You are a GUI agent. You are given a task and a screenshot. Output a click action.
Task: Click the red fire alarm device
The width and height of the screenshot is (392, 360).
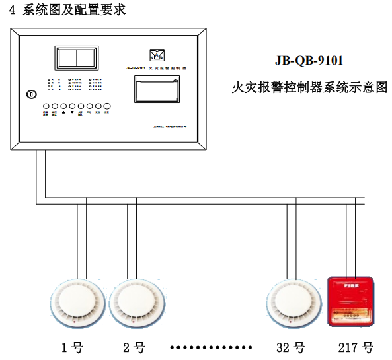coord(350,301)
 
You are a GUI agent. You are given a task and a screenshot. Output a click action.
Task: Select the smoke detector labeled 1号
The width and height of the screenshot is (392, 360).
coord(77,305)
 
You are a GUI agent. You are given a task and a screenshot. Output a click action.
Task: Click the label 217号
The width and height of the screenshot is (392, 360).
coord(356,347)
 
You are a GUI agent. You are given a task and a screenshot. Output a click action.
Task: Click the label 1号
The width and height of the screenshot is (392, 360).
coord(72,347)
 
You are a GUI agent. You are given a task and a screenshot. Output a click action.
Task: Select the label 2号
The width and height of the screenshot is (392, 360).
coord(134,347)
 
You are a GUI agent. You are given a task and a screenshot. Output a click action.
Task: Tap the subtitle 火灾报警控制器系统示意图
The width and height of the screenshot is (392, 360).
coord(309,87)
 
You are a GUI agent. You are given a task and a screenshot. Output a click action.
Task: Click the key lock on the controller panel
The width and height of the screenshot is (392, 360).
coord(28,94)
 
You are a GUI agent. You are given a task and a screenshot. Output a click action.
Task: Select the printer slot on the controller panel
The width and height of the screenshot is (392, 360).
coord(156,89)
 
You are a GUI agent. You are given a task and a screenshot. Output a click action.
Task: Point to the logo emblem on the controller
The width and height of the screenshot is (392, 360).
coord(156,54)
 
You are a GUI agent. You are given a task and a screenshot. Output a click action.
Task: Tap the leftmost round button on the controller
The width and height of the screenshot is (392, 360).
coord(46,106)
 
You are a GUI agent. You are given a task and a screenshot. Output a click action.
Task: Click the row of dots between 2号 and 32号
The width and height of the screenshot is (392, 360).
coord(212,347)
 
